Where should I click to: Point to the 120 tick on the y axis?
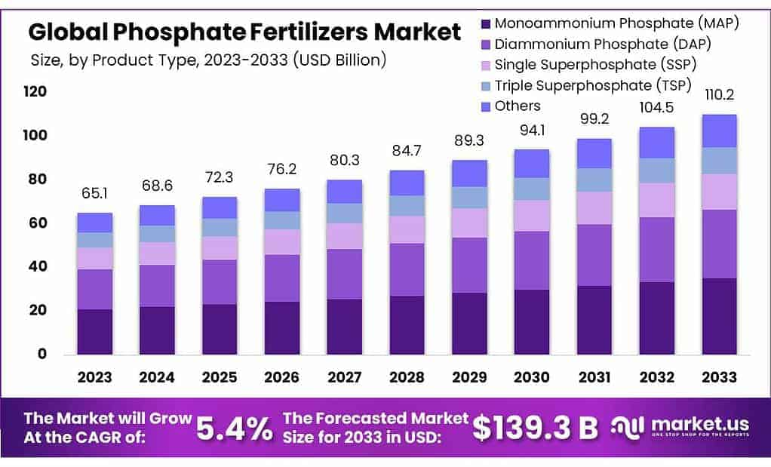pos(35,93)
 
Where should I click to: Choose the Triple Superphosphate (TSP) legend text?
pos(593,85)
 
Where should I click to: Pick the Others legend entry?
pos(518,106)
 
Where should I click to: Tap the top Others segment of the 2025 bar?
pos(219,208)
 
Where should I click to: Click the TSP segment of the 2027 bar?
pos(343,214)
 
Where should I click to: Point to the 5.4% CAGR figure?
pos(235,428)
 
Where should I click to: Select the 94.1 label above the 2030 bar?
pos(531,131)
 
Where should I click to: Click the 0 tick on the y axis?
pos(42,355)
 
